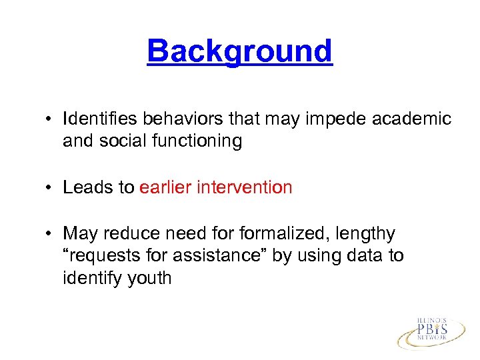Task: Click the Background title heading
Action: click(239, 51)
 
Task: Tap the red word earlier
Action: click(165, 187)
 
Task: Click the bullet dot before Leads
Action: click(50, 188)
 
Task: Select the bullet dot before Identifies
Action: click(50, 120)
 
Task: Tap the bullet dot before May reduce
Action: click(50, 234)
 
